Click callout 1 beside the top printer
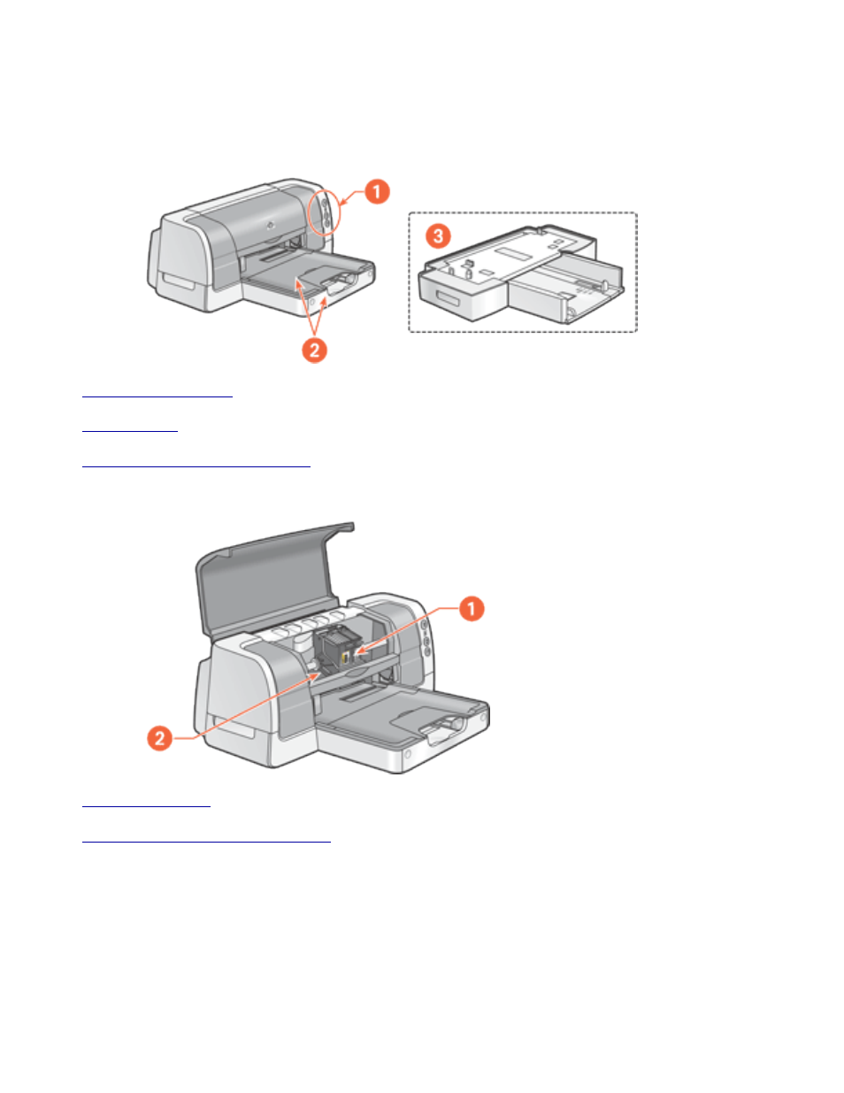click(x=378, y=192)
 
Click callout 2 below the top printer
click(x=314, y=350)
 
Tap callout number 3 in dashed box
click(x=439, y=236)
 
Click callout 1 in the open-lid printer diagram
click(x=472, y=609)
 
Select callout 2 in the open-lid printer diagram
click(x=159, y=737)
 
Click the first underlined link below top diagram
click(x=157, y=396)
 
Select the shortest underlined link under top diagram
click(x=129, y=430)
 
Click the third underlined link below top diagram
click(x=196, y=464)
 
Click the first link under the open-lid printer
click(x=146, y=805)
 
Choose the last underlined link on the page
click(x=205, y=841)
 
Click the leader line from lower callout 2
click(x=248, y=708)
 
